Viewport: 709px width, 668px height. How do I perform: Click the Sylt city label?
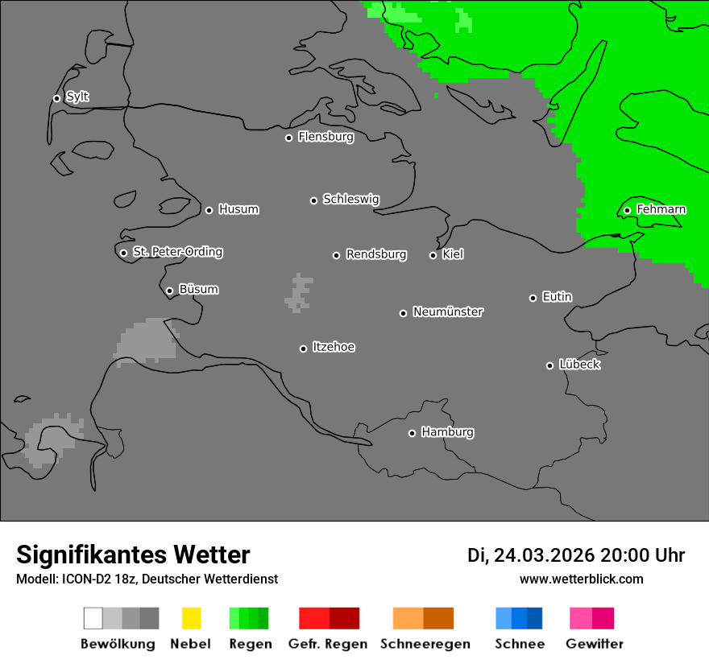click(x=77, y=97)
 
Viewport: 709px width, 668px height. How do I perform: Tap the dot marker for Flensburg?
click(x=288, y=138)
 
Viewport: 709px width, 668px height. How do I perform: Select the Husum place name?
click(x=238, y=209)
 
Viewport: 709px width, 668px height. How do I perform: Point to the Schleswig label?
click(x=350, y=199)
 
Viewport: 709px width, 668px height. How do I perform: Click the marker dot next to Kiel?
click(x=433, y=255)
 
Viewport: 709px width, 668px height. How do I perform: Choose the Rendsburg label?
click(x=376, y=254)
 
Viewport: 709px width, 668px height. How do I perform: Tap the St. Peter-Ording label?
click(x=177, y=252)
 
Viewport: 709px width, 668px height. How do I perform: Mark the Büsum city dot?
click(x=169, y=291)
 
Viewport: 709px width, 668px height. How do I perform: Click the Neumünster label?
click(x=448, y=311)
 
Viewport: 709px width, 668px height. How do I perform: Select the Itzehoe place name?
click(x=334, y=347)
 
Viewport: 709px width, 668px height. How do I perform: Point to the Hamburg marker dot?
click(x=412, y=433)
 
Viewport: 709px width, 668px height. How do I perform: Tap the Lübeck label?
click(x=579, y=365)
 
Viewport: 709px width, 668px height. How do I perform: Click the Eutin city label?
click(x=557, y=297)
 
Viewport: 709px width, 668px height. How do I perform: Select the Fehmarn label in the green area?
click(x=661, y=209)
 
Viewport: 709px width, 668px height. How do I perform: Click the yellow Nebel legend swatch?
click(x=192, y=618)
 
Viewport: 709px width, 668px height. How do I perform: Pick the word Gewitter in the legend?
click(x=595, y=644)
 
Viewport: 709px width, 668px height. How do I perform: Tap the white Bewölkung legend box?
click(x=93, y=618)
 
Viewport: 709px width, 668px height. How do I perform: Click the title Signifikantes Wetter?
click(x=133, y=555)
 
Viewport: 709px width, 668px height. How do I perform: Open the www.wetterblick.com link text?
click(x=581, y=579)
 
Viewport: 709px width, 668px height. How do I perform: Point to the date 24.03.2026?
click(x=545, y=555)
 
